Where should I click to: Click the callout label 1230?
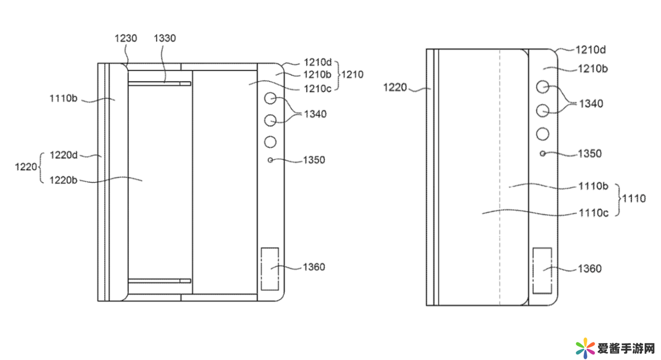pyautogui.click(x=126, y=39)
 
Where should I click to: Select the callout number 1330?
pyautogui.click(x=165, y=39)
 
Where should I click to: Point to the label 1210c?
pyautogui.click(x=318, y=89)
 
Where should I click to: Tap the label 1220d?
pyautogui.click(x=63, y=155)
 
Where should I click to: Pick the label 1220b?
pyautogui.click(x=63, y=180)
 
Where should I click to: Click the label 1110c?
pyautogui.click(x=594, y=213)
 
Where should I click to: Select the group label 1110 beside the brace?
pyautogui.click(x=634, y=198)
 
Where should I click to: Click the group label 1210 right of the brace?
pyautogui.click(x=353, y=74)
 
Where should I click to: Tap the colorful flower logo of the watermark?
pyautogui.click(x=585, y=348)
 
